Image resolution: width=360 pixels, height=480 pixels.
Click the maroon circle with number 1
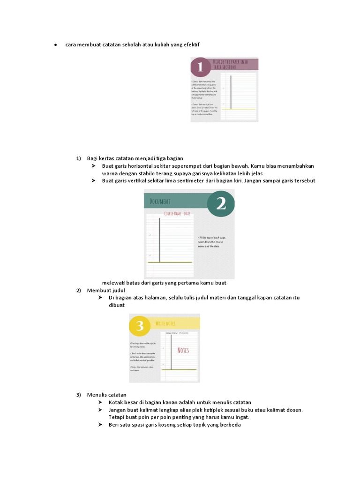(x=201, y=68)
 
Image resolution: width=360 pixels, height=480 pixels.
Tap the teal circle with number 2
(x=220, y=203)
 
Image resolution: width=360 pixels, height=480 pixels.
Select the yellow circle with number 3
(x=139, y=326)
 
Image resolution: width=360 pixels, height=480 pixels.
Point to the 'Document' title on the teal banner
(x=160, y=202)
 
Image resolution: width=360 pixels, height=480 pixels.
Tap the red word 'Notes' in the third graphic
(x=183, y=350)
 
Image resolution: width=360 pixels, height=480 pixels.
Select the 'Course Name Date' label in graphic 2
(x=177, y=214)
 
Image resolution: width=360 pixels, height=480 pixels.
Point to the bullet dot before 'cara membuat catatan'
(x=55, y=45)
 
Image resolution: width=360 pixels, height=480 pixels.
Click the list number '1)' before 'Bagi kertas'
(x=79, y=158)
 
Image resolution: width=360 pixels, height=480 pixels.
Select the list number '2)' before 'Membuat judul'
(x=79, y=291)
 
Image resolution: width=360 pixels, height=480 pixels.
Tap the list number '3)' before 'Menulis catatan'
(x=79, y=395)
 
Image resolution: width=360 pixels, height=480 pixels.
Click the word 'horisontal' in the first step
(x=147, y=166)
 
